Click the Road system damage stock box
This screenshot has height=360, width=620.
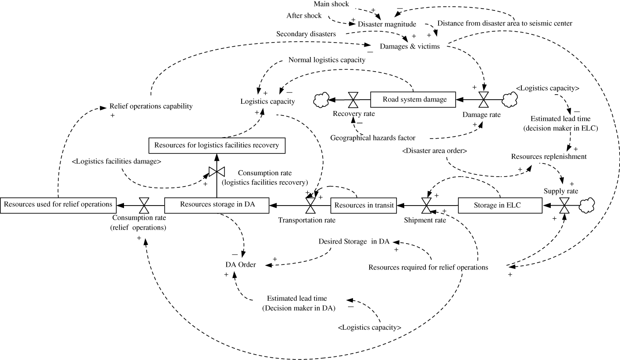point(413,99)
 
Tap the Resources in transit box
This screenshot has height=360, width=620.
point(364,205)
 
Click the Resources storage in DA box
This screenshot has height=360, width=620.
point(217,205)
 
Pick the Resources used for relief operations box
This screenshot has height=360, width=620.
point(58,205)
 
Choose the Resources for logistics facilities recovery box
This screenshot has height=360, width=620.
point(216,145)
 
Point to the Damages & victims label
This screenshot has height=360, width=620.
point(410,46)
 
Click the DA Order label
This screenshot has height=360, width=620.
point(241,264)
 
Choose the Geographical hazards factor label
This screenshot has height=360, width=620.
point(372,138)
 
